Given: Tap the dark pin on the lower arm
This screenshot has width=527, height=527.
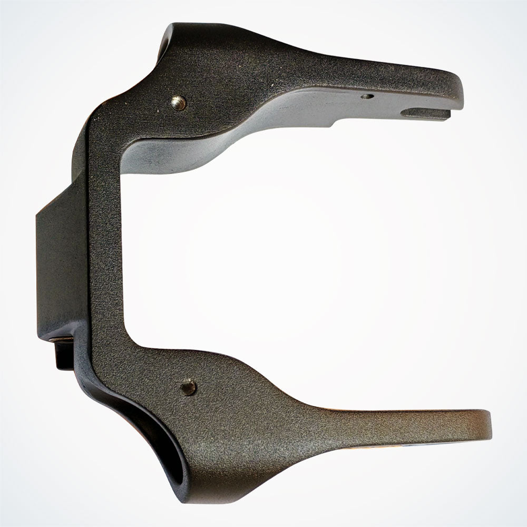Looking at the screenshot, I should (188, 387).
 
